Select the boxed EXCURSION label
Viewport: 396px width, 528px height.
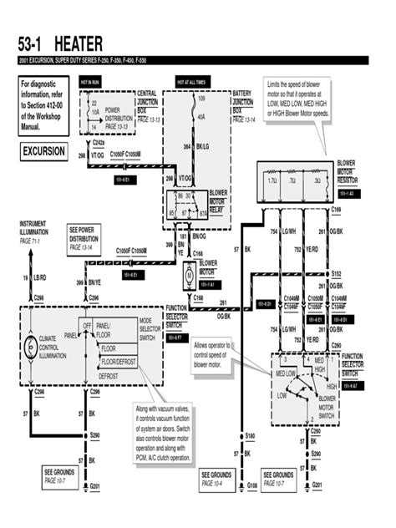(x=42, y=153)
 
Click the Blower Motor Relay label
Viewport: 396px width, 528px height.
(x=218, y=201)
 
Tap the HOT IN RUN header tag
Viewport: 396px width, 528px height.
(x=89, y=83)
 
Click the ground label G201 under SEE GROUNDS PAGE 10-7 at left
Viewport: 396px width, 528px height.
(x=94, y=486)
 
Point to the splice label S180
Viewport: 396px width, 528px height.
(x=250, y=436)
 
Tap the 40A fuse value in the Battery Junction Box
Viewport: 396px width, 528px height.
(x=201, y=118)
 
